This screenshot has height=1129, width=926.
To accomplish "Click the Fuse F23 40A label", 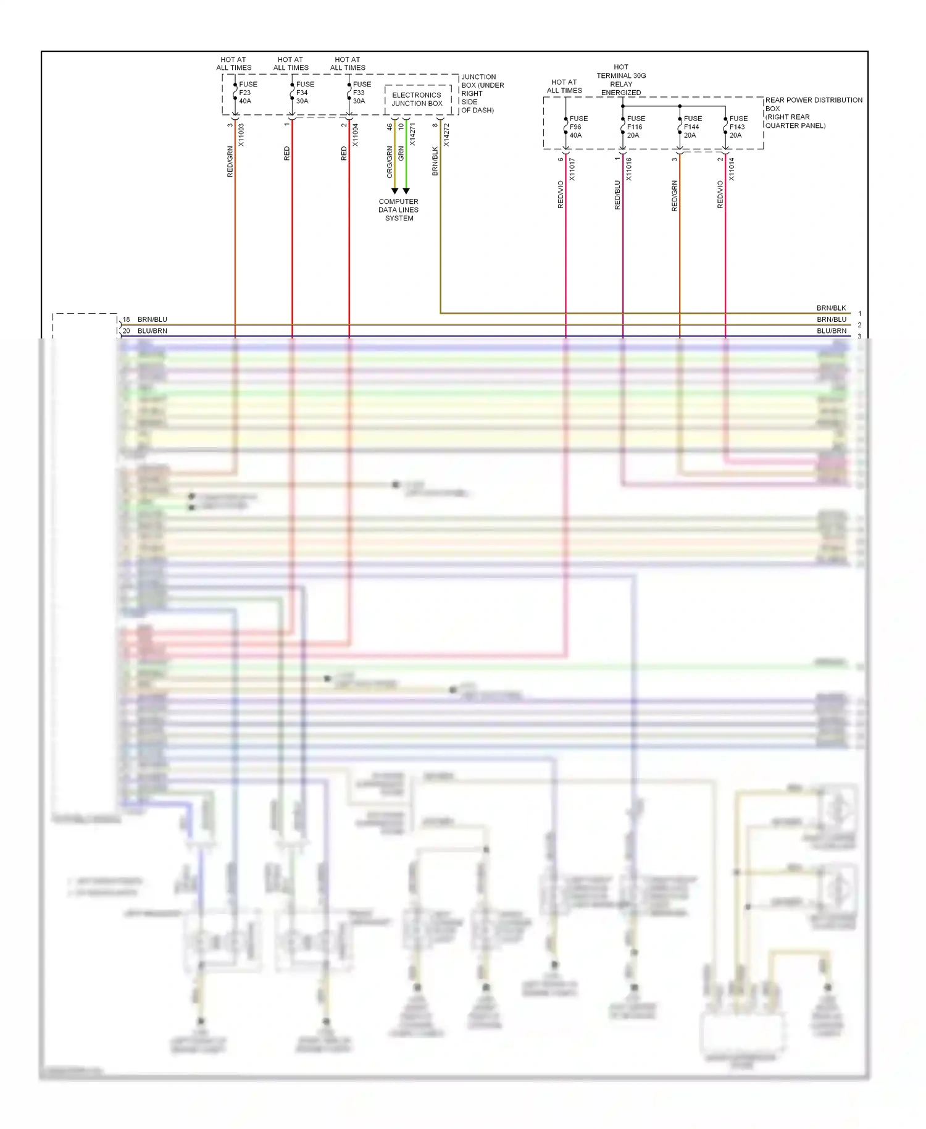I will click(248, 93).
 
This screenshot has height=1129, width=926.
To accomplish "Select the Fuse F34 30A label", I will click(304, 93).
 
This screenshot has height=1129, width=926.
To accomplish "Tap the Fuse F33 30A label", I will click(361, 93).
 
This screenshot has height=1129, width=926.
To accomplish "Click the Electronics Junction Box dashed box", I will click(417, 99).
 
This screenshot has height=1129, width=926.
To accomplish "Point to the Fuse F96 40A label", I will click(578, 127).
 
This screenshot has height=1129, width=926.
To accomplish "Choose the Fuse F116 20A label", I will click(635, 127).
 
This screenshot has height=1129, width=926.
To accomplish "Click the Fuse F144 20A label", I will click(692, 127).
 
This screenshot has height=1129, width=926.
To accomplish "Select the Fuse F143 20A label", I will click(738, 127).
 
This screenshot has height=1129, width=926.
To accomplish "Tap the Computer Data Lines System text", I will click(399, 210).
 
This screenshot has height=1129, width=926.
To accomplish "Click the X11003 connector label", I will click(241, 135).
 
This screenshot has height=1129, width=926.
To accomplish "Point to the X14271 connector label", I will click(412, 135).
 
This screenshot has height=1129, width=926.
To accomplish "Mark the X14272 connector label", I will click(446, 135).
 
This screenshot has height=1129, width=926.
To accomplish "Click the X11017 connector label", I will click(572, 169).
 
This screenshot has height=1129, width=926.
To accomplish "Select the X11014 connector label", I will click(732, 169).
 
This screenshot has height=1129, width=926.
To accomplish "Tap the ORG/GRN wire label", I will click(390, 162).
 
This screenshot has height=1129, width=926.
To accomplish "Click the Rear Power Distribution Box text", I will click(812, 112).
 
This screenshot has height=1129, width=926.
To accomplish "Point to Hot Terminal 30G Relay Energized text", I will click(621, 80).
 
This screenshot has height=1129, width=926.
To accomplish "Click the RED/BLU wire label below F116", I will click(617, 195).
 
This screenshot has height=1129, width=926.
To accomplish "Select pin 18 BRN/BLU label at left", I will click(145, 319).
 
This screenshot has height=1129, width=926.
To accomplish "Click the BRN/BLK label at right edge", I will click(831, 308).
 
